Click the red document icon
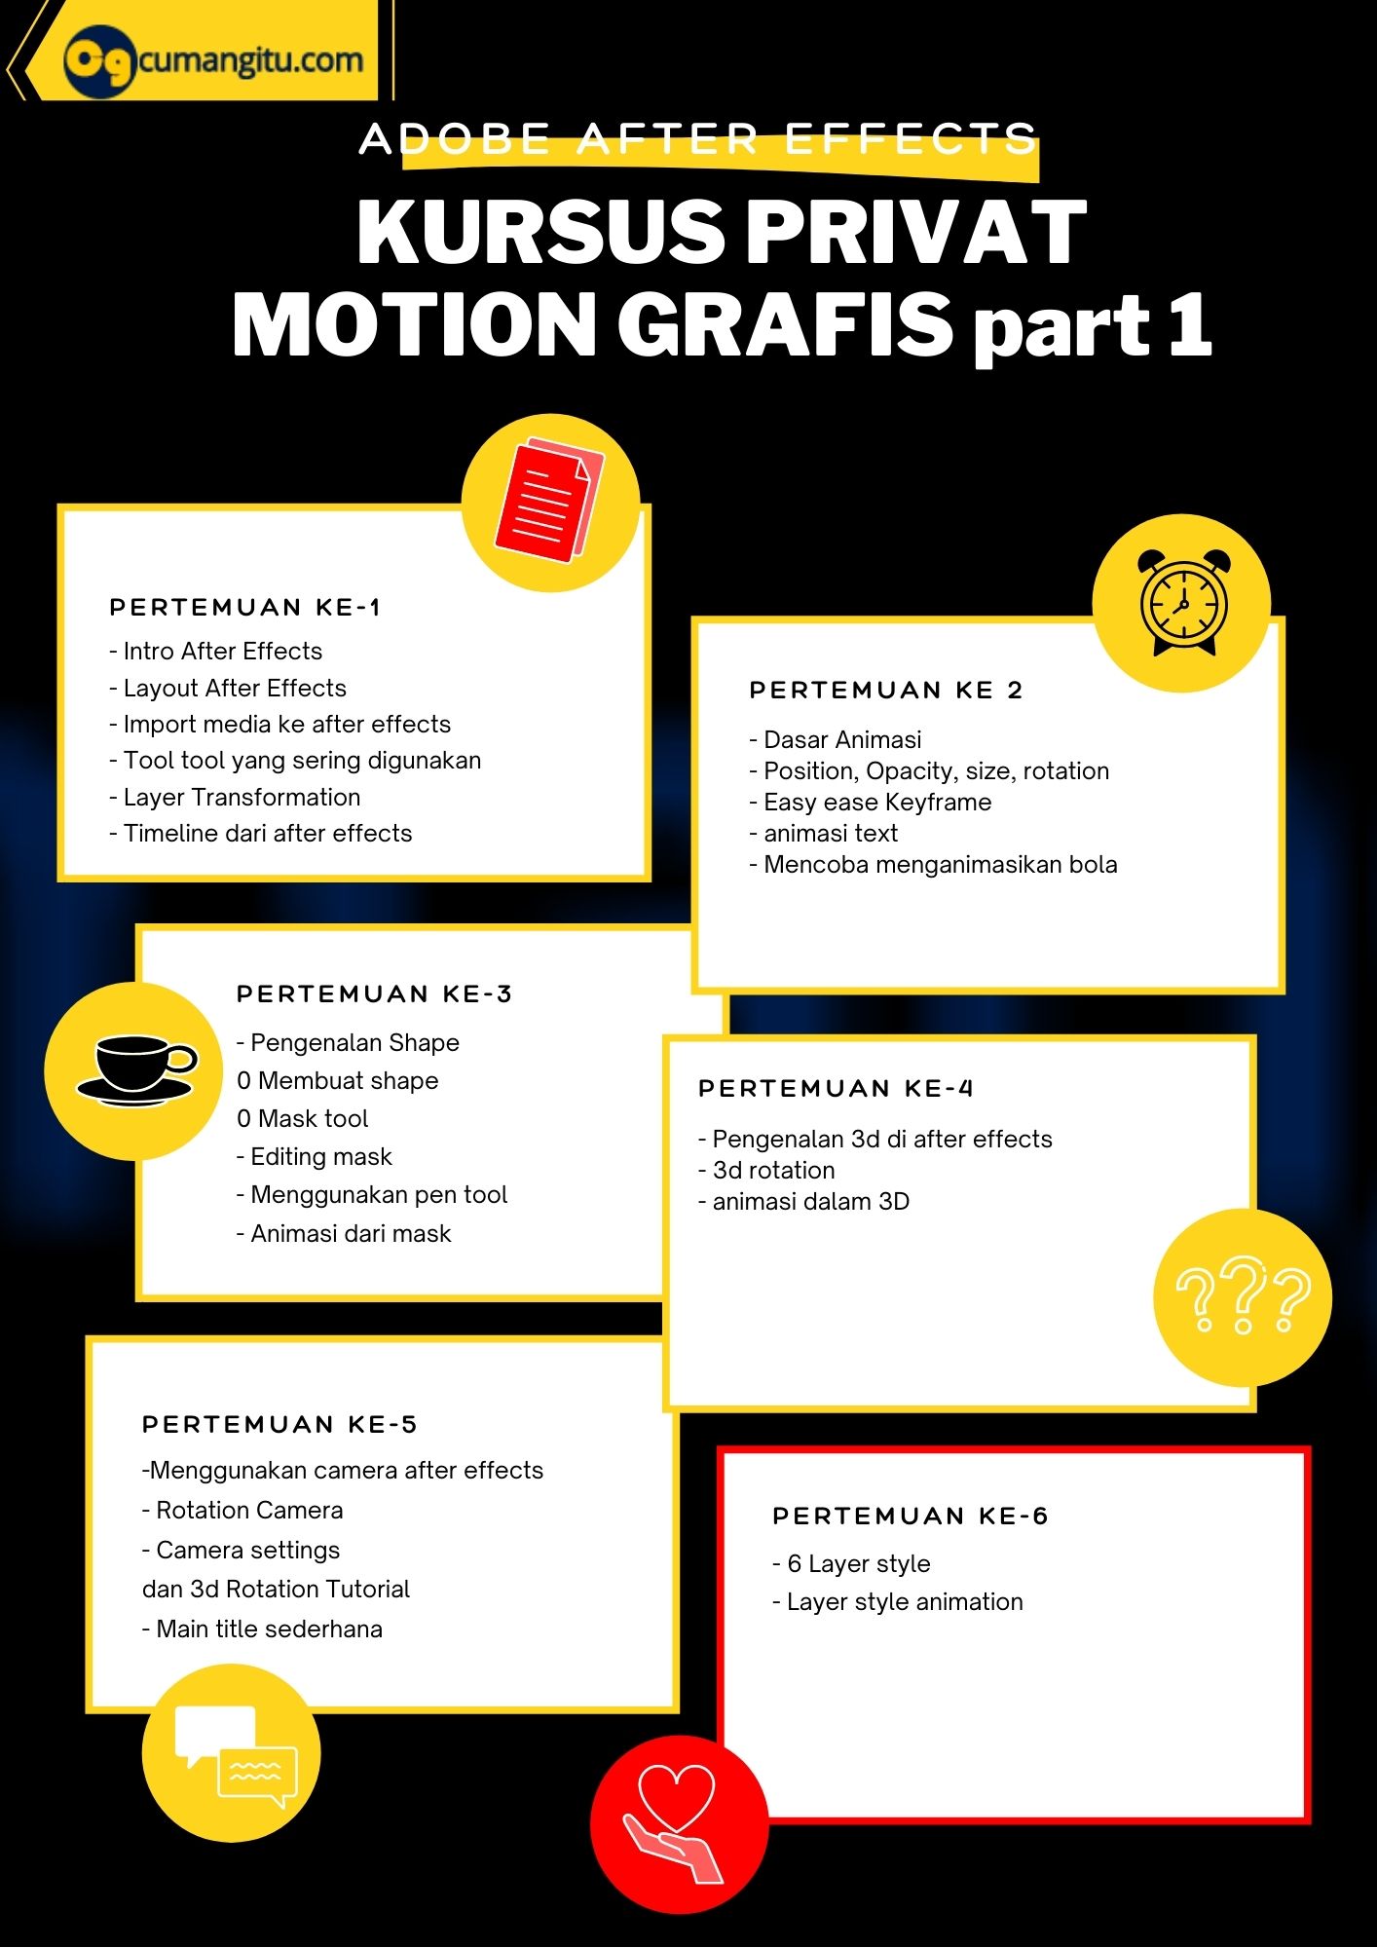pyautogui.click(x=549, y=501)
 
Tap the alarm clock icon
pyautogui.click(x=1182, y=603)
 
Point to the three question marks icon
pyautogui.click(x=1243, y=1297)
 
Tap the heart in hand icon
pyautogui.click(x=678, y=1823)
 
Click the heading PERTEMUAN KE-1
pyautogui.click(x=244, y=608)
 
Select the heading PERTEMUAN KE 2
pyautogui.click(x=886, y=691)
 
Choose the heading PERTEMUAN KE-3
pyautogui.click(x=374, y=994)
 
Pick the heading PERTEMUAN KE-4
pyautogui.click(x=836, y=1089)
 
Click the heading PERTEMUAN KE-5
pyautogui.click(x=279, y=1425)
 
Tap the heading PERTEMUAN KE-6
pyautogui.click(x=910, y=1517)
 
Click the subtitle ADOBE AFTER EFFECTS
pyautogui.click(x=697, y=139)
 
